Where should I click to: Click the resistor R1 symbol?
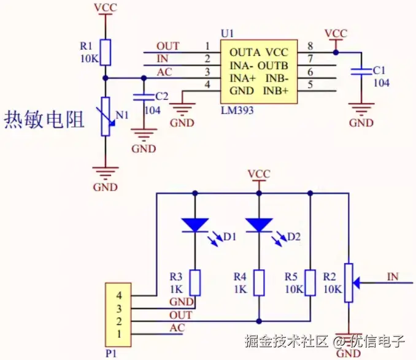106,52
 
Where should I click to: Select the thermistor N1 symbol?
106,115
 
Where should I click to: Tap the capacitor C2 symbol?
144,96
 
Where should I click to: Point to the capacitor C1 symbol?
361,72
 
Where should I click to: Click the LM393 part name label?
237,110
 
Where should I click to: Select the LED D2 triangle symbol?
259,224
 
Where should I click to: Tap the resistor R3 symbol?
195,283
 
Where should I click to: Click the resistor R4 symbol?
259,283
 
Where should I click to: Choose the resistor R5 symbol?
310,283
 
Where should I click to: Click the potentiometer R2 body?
349,283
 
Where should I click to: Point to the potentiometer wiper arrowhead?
358,283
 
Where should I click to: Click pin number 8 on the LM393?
310,46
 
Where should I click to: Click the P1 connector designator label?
111,353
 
